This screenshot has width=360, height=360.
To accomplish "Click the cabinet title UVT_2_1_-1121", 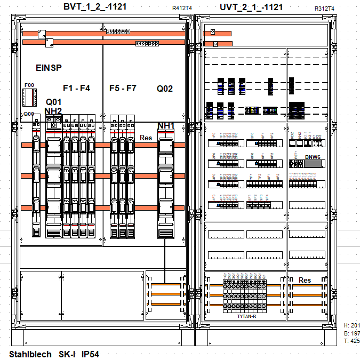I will click(251, 7).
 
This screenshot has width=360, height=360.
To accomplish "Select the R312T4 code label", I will click(324, 9).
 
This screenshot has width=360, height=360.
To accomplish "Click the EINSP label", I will click(49, 68).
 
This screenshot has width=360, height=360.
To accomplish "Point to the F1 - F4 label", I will click(76, 88).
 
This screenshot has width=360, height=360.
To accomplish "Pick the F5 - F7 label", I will click(123, 88).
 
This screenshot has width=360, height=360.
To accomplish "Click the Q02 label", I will click(165, 89).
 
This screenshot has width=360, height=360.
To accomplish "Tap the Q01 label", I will click(54, 102).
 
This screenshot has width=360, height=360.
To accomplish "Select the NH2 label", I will click(53, 111).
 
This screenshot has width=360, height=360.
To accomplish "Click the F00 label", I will click(29, 85).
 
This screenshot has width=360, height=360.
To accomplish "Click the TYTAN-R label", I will click(247, 317).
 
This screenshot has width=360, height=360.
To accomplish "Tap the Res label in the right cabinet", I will click(305, 281).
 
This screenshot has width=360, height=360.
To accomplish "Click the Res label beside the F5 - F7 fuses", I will click(146, 138).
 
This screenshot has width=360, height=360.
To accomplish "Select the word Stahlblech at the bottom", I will click(31, 354).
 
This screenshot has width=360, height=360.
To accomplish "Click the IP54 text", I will click(90, 354).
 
